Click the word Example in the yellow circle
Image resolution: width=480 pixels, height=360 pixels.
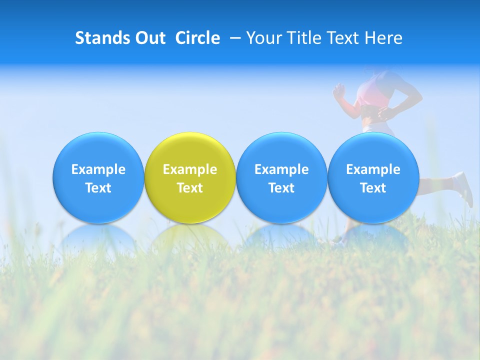(x=190, y=169)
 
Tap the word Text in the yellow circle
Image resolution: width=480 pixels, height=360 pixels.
(x=190, y=188)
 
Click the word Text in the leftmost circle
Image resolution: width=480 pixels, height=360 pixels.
(x=98, y=188)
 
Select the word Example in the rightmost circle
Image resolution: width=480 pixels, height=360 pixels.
(x=373, y=169)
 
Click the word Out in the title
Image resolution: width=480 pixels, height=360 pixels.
(x=149, y=38)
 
